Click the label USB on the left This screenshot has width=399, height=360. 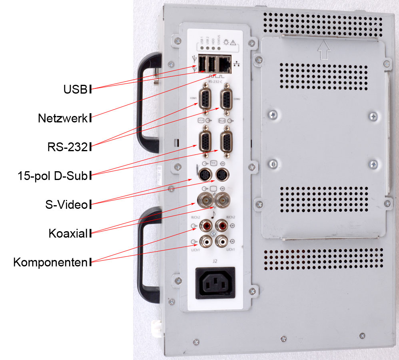point(75,89)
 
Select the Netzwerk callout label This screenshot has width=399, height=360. point(62,118)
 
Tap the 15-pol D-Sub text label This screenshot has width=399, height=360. point(52,175)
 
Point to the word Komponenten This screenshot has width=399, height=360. point(50,262)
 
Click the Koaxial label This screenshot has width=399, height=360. point(68,233)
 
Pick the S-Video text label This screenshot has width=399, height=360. point(66,205)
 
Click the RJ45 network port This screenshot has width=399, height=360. point(223,63)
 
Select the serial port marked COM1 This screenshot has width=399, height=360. point(205,98)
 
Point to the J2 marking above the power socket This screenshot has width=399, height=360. point(215,261)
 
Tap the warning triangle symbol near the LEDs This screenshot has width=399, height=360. point(233,42)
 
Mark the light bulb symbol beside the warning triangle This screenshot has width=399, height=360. point(226,42)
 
